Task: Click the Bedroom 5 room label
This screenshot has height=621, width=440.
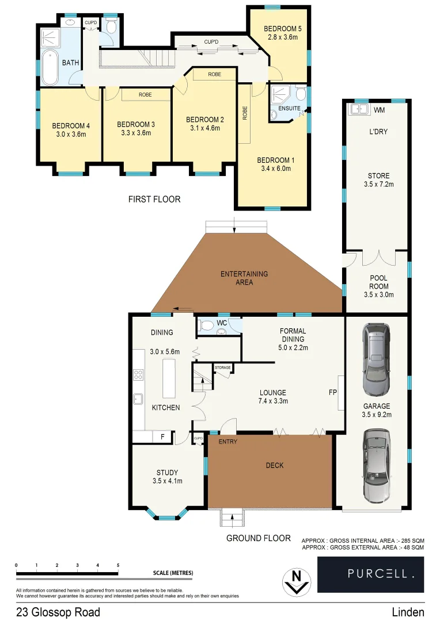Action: tap(279, 29)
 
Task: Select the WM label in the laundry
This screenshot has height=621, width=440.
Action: tap(379, 110)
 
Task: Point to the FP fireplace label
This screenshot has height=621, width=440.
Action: tap(332, 393)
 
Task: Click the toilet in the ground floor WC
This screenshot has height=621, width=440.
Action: tap(206, 325)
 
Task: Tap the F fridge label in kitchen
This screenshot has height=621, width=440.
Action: tap(163, 437)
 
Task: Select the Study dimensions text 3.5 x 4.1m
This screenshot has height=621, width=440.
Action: tap(166, 481)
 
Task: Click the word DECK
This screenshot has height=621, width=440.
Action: tap(275, 465)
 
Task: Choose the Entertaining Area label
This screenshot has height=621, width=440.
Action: tap(244, 278)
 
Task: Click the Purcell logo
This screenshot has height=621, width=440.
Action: tap(371, 573)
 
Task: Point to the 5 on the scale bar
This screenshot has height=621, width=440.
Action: tap(118, 566)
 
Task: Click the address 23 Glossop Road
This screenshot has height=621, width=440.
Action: tap(58, 612)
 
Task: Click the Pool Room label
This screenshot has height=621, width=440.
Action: tap(378, 282)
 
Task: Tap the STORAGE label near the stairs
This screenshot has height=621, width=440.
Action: tap(222, 367)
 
